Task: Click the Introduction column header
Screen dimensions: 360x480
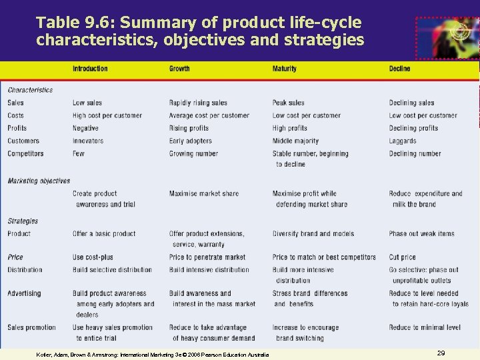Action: point(90,69)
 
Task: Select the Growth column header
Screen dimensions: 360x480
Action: point(179,69)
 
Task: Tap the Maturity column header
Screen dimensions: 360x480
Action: point(285,69)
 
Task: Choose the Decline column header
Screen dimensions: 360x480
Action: point(400,69)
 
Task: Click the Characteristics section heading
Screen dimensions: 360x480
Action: point(30,90)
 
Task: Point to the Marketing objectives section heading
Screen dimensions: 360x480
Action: point(39,181)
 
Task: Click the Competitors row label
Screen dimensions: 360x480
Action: point(25,153)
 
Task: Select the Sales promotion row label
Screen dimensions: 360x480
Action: point(31,327)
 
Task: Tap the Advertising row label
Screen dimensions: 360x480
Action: point(24,293)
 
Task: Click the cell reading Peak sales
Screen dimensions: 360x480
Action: point(288,103)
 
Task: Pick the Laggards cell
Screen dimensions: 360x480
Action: point(403,141)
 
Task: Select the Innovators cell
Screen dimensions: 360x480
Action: point(88,141)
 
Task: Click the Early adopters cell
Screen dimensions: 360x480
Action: point(190,141)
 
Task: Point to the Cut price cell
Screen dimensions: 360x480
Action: point(402,257)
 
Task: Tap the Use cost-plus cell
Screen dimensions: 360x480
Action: point(94,257)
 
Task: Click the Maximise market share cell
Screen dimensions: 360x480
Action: point(203,193)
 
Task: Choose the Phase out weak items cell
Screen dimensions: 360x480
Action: point(421,233)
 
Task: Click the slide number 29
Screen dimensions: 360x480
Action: point(441,352)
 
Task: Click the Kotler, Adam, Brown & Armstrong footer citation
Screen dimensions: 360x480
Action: point(153,354)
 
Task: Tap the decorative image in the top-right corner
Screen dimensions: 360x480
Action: point(447,39)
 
